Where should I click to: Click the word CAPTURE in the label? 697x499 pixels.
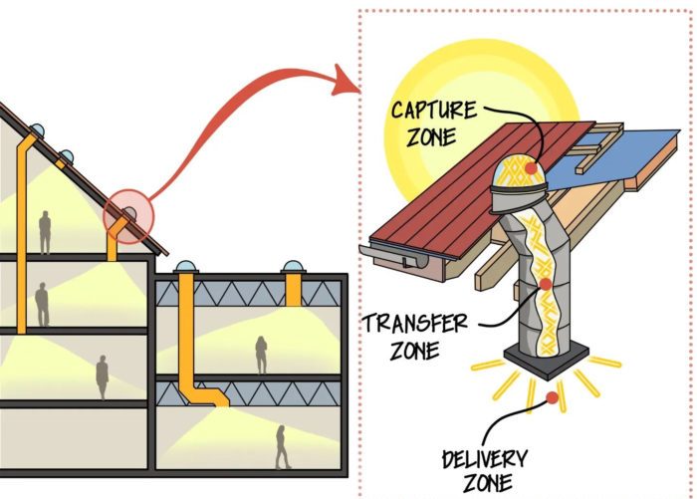(x=433, y=110)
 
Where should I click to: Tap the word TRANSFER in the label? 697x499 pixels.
(x=415, y=324)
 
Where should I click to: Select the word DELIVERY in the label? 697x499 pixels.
(x=485, y=459)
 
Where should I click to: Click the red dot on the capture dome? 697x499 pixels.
(x=531, y=168)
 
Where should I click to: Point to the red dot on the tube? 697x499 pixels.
(x=545, y=284)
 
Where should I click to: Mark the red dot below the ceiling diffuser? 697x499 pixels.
(x=552, y=397)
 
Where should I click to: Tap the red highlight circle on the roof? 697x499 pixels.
(x=128, y=216)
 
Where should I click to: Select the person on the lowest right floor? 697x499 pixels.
(x=282, y=447)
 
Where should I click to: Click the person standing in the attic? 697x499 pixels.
(x=45, y=232)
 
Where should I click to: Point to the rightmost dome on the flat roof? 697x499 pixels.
(x=293, y=267)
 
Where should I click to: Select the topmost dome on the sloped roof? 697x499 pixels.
(x=38, y=129)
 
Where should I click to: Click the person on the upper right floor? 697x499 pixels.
(x=261, y=355)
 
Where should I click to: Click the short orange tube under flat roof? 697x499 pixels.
(x=293, y=290)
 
